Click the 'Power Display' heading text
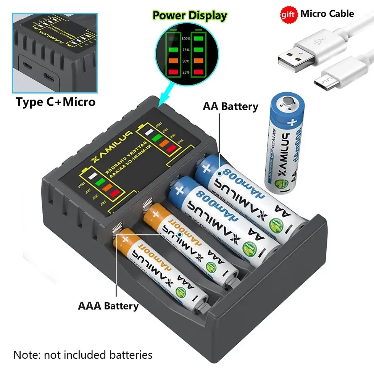(190, 16)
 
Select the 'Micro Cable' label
(327, 14)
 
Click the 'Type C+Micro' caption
(55, 102)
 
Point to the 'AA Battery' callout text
(231, 106)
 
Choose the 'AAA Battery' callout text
(108, 306)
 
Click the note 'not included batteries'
(83, 355)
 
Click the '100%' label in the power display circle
(186, 39)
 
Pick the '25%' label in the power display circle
(186, 72)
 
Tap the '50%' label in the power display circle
(186, 61)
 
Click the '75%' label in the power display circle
(186, 50)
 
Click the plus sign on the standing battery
(293, 123)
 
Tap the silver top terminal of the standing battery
(286, 101)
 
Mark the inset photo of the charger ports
(55, 53)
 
